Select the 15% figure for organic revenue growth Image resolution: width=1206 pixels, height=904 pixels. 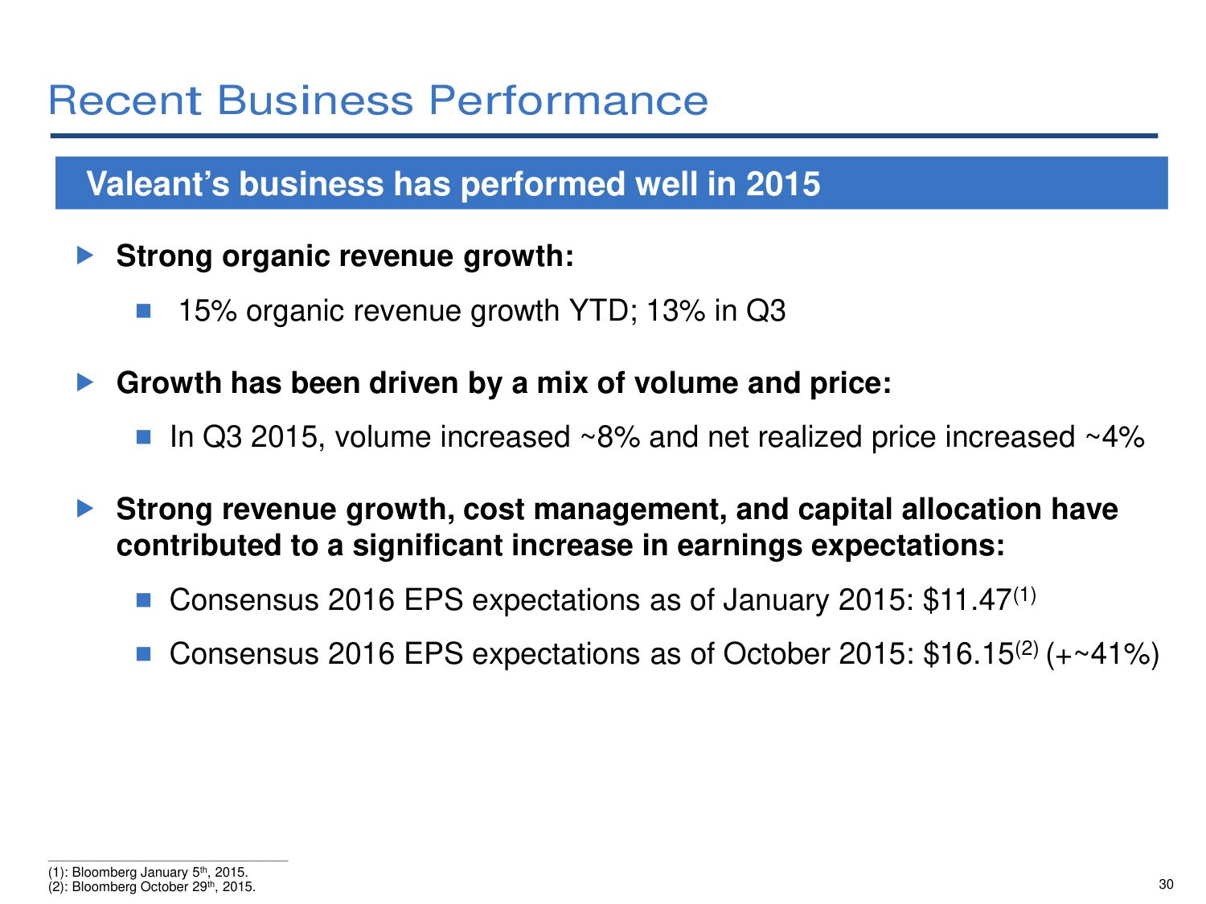click(207, 311)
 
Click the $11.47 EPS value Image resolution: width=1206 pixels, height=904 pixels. click(966, 600)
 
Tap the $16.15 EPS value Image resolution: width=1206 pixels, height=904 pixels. click(967, 654)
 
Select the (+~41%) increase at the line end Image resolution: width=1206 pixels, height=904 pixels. click(1103, 654)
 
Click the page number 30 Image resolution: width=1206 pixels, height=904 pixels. click(1166, 885)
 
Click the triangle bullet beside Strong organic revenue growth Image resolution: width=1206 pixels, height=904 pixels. click(85, 256)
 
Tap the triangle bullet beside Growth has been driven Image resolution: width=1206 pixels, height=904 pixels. click(85, 382)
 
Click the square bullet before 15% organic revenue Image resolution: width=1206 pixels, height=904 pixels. click(144, 311)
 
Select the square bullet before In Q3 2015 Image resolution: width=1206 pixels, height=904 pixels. click(144, 437)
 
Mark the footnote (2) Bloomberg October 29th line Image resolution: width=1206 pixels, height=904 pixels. click(152, 887)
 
